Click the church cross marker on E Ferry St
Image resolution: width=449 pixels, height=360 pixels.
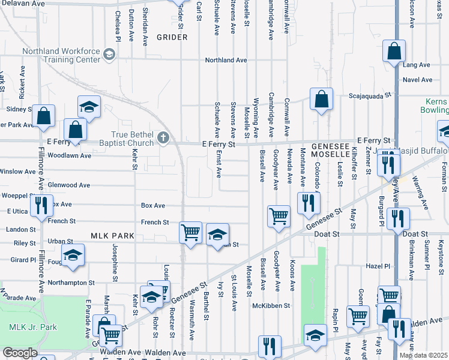163,139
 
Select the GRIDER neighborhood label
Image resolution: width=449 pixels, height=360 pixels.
172,37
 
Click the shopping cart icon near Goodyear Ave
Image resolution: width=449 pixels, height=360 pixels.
279,216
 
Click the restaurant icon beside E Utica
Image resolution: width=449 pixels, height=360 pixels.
41,205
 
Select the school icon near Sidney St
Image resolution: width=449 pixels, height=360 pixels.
89,107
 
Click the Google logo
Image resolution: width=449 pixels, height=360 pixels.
20,353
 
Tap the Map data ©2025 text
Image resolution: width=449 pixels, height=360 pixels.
423,355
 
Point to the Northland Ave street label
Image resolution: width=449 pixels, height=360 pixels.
226,60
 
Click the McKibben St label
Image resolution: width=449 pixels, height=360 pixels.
271,305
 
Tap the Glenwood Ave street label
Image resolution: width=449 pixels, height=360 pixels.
69,185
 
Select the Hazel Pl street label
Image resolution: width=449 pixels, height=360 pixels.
378,265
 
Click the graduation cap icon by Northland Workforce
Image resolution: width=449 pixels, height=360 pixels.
109,55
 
